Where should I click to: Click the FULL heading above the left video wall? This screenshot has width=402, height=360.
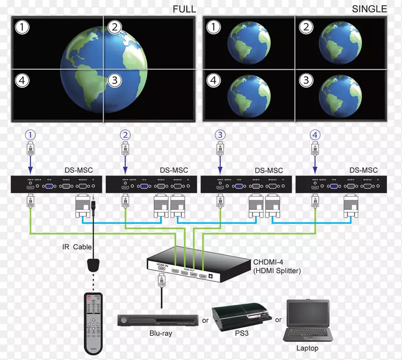pyautogui.click(x=184, y=9)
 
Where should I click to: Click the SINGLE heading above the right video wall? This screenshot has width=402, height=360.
pyautogui.click(x=369, y=9)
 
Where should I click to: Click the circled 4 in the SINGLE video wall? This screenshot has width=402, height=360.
pyautogui.click(x=214, y=80)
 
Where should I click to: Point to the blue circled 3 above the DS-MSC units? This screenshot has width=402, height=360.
pyautogui.click(x=219, y=135)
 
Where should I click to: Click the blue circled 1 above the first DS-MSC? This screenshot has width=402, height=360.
pyautogui.click(x=31, y=135)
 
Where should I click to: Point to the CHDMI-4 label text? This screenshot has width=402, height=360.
pyautogui.click(x=269, y=261)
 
